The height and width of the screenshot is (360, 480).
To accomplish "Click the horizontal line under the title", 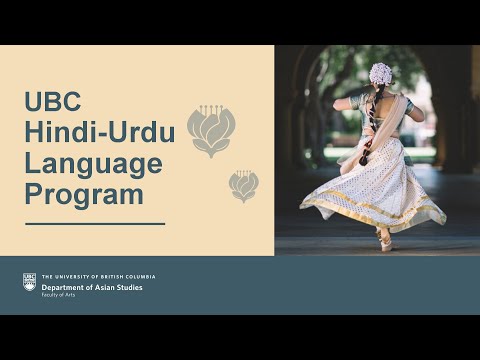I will (94, 224).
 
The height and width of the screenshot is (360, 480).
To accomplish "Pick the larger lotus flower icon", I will (211, 131).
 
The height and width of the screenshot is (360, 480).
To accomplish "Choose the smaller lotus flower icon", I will (243, 185).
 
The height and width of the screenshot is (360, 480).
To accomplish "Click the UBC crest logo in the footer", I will (30, 283).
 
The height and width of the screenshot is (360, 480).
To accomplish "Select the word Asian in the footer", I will (106, 287).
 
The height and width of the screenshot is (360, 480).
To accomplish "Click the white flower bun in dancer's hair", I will (381, 73).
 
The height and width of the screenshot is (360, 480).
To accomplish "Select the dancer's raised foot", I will (384, 243).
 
